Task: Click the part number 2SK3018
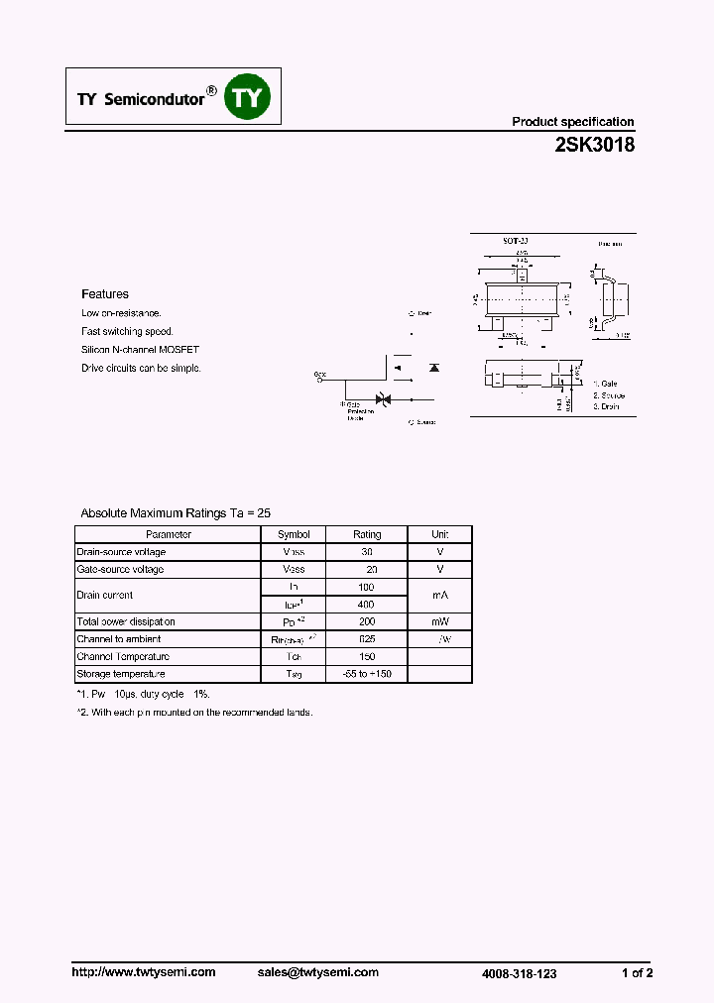(x=594, y=144)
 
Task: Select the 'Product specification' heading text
(x=572, y=122)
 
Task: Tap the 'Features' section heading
(x=105, y=294)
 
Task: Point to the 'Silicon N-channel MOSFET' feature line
(x=140, y=350)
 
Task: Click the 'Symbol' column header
(x=294, y=534)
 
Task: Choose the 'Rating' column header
(x=367, y=534)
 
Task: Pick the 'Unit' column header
(x=440, y=534)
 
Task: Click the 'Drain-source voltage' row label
(x=122, y=552)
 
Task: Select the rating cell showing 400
(x=366, y=605)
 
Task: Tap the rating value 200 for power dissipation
(x=367, y=622)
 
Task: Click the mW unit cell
(x=440, y=622)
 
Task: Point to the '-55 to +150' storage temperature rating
(x=367, y=674)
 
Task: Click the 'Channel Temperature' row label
(x=124, y=657)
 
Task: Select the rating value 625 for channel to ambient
(x=367, y=639)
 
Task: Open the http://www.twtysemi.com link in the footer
(x=144, y=972)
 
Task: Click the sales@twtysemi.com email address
(x=318, y=972)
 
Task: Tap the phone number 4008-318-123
(x=519, y=974)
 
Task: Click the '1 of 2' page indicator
(x=637, y=973)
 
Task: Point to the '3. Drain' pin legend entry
(x=606, y=407)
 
